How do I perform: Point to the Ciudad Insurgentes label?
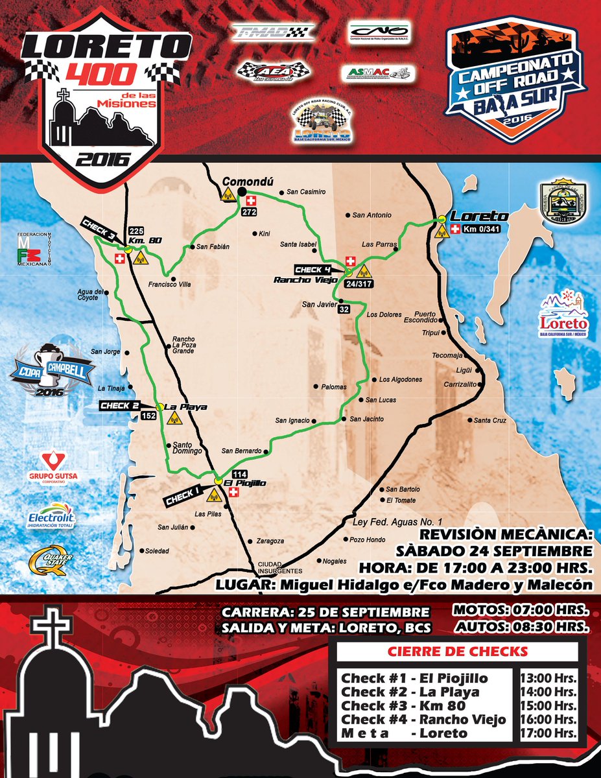[x=280, y=567]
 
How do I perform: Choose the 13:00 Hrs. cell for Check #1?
[x=548, y=678]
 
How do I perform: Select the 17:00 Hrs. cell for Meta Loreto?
[x=548, y=733]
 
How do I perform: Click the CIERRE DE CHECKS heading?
[x=458, y=651]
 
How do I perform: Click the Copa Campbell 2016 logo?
[x=52, y=370]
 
